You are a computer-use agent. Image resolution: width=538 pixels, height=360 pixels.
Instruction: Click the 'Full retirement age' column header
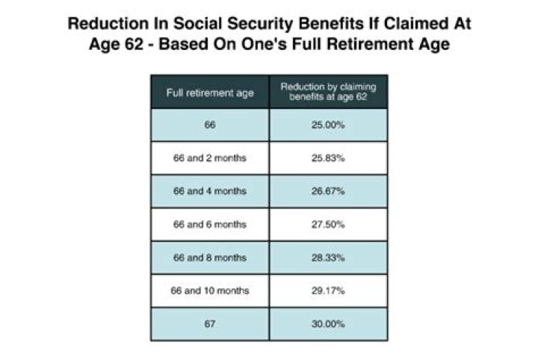[x=210, y=93]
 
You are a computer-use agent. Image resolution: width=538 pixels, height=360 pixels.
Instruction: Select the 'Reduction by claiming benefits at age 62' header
[x=328, y=92]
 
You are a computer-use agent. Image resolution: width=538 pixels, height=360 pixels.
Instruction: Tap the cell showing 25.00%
[x=328, y=125]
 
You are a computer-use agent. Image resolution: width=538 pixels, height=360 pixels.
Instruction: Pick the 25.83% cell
[x=328, y=158]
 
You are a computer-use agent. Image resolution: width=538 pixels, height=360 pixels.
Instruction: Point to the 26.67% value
[x=328, y=191]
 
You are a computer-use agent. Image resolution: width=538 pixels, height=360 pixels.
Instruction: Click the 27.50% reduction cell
[x=328, y=224]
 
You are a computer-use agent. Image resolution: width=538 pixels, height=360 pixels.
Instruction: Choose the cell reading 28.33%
[x=328, y=257]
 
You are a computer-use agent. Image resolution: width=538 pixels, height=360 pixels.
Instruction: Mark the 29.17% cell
[x=328, y=290]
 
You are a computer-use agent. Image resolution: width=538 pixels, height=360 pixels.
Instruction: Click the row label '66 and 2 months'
[x=210, y=158]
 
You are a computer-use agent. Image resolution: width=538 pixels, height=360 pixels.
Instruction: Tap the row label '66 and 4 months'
[x=210, y=191]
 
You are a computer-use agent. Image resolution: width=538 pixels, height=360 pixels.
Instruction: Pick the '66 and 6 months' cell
[x=210, y=224]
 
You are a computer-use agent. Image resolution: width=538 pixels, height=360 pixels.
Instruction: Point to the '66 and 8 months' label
[x=210, y=257]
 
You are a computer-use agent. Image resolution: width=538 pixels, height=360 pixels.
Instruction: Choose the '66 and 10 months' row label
[x=210, y=290]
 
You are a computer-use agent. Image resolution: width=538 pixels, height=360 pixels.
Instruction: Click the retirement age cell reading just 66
[x=210, y=125]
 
